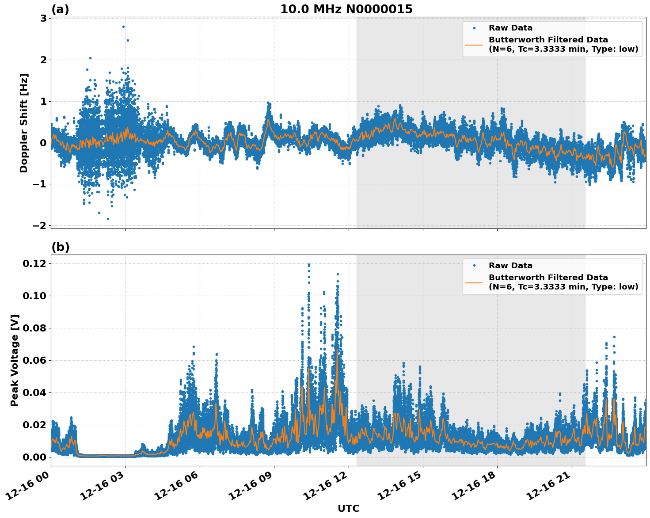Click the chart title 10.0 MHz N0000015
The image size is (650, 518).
click(346, 9)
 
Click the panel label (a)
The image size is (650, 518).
click(60, 9)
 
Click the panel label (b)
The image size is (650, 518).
click(61, 247)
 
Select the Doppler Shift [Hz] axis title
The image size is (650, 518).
click(24, 123)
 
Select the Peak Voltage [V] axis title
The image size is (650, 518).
click(15, 360)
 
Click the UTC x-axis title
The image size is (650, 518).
click(348, 508)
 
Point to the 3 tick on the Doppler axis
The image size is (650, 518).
click(43, 18)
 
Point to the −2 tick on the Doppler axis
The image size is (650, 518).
click(39, 225)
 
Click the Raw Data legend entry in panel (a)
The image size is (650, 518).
click(510, 28)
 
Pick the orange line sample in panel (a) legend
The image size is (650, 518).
click(474, 45)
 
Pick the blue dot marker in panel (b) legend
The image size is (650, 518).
click(474, 266)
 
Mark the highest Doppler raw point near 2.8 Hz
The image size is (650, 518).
click(123, 27)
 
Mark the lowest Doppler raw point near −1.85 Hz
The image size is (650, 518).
click(108, 219)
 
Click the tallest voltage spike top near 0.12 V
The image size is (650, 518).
click(309, 264)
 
